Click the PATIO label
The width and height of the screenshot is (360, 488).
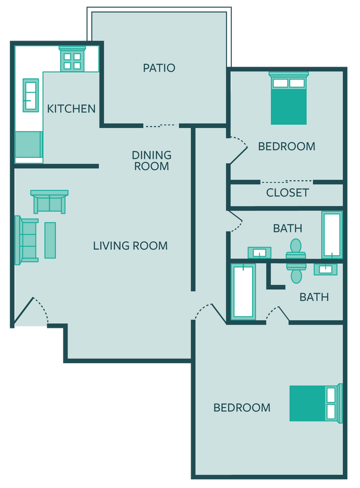coord(159,68)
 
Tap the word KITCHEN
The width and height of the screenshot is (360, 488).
coord(71,109)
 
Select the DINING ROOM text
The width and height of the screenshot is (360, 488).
coord(151,161)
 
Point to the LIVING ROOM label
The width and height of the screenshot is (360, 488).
coord(130,246)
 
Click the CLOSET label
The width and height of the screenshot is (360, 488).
coord(287,193)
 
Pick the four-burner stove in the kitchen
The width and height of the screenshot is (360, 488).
coord(72,59)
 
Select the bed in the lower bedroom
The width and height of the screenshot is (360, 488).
coord(316,403)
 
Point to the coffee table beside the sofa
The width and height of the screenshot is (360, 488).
coord(50,240)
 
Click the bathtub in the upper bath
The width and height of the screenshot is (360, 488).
coord(332,234)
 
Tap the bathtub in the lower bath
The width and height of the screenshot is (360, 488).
coord(243,291)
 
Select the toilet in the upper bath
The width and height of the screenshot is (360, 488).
coord(296,249)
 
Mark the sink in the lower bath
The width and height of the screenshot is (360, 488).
coord(325,269)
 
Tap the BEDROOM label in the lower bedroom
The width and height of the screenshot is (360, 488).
coord(242,408)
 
